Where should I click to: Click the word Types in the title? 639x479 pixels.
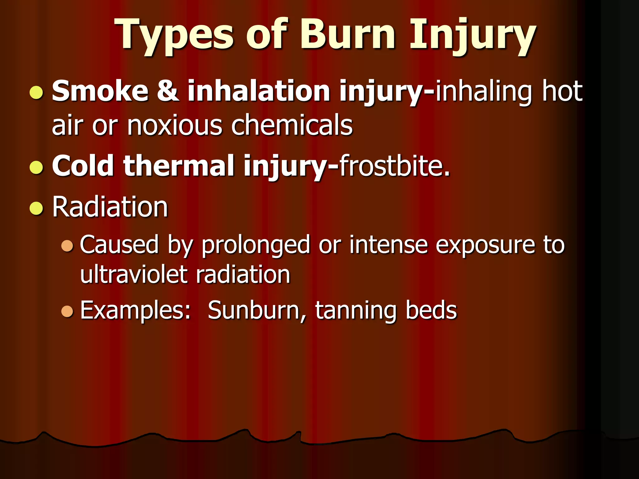[174, 35]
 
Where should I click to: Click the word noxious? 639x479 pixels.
[175, 125]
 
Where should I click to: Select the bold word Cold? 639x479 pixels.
[83, 166]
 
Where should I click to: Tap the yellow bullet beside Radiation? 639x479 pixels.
[37, 208]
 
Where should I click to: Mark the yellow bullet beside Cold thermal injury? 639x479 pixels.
[37, 167]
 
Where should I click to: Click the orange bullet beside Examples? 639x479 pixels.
[67, 311]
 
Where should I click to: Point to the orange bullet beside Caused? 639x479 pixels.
[67, 246]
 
